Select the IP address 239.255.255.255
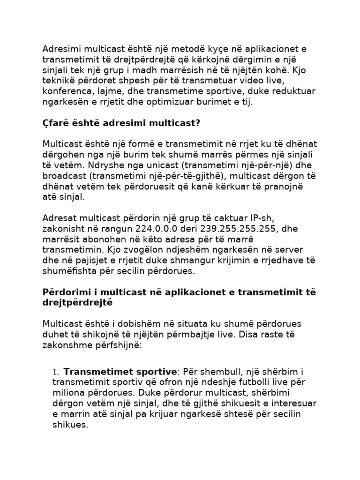[225, 229]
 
